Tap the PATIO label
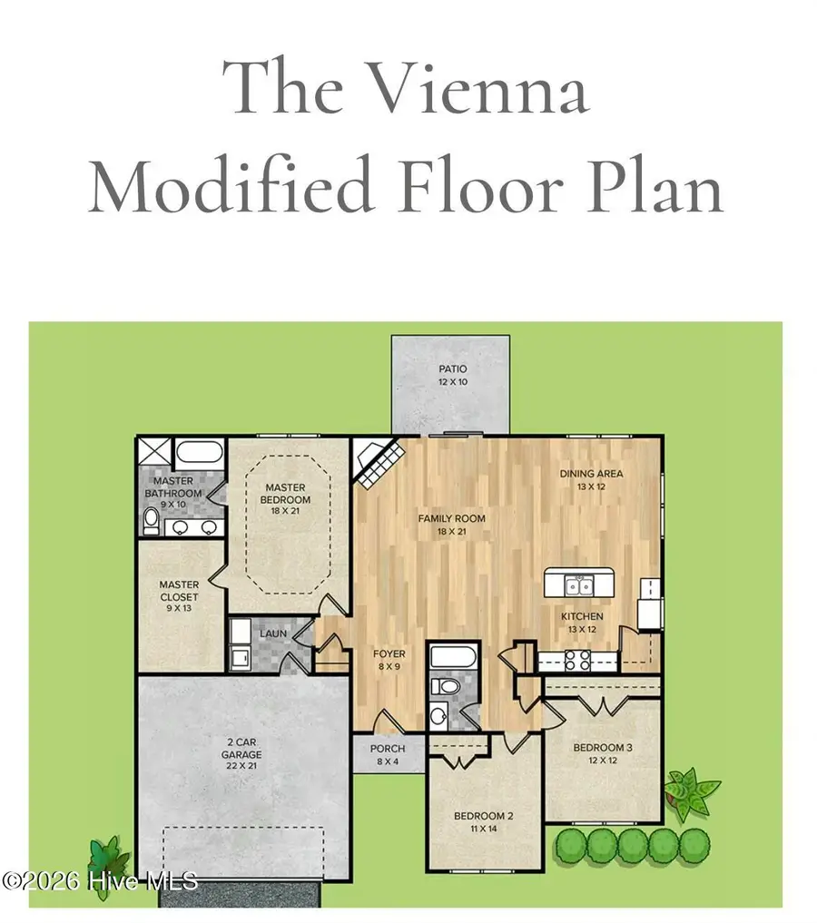tap(453, 369)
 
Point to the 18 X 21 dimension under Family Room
tap(451, 532)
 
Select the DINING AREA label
tap(591, 474)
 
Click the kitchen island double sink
tap(580, 585)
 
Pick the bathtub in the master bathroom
tap(200, 453)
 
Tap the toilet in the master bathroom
tap(152, 521)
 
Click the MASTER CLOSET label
tap(179, 591)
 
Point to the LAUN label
tap(273, 633)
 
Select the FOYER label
tap(389, 654)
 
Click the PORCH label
tap(388, 749)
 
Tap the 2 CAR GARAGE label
tap(241, 748)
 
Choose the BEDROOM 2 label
tap(483, 816)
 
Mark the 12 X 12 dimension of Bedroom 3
tap(603, 761)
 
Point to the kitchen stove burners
tap(577, 661)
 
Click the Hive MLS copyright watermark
tap(100, 881)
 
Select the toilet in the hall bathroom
tap(445, 686)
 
